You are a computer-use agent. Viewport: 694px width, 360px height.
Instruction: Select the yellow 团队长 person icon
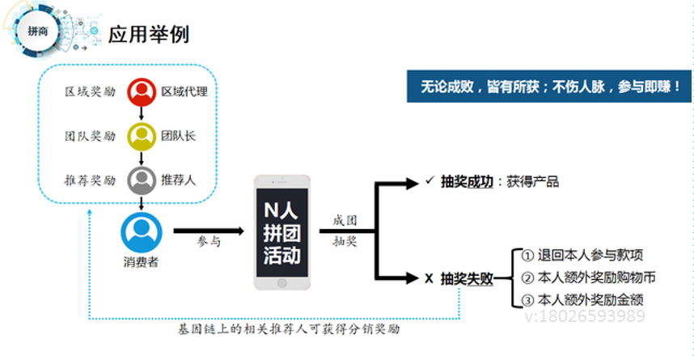[142, 136]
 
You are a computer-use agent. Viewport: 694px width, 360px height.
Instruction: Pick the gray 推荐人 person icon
[142, 180]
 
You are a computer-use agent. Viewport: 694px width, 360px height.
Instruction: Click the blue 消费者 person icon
[142, 231]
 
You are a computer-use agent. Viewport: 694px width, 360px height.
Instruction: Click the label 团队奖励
[90, 136]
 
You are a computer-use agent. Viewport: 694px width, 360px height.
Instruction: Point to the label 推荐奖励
[90, 180]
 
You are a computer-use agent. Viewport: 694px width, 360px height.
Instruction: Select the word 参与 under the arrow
[209, 241]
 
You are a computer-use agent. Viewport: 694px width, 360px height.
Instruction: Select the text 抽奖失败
[467, 278]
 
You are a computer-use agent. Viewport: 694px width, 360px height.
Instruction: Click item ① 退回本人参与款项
[582, 256]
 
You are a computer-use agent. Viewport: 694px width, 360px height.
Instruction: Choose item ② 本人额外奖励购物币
[588, 277]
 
